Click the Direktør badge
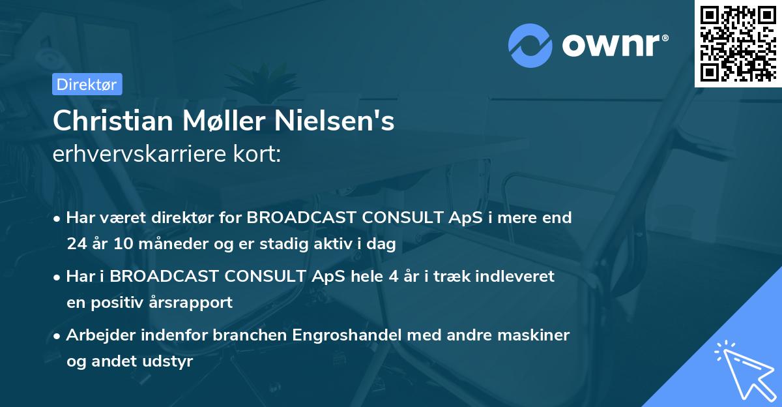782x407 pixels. [86, 84]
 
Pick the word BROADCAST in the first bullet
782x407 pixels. [296, 218]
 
